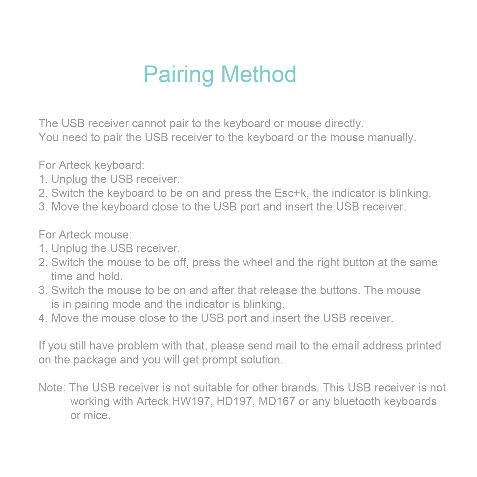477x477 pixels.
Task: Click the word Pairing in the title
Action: coord(178,74)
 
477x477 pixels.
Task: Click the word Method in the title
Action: coord(258,74)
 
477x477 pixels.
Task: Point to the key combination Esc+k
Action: coord(290,193)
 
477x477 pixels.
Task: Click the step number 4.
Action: coord(42,318)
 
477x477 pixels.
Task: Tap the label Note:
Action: coord(52,388)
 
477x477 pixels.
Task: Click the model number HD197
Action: coord(235,401)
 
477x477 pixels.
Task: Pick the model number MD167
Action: coord(277,401)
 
